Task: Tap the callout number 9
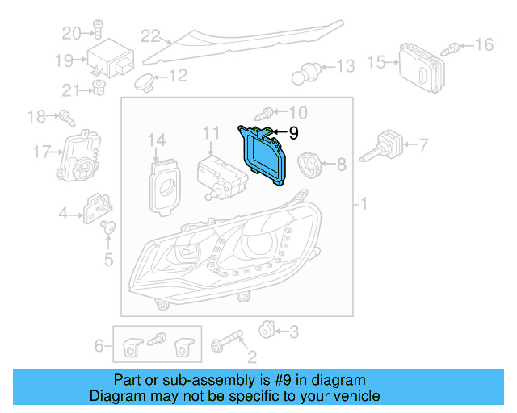coord(293,132)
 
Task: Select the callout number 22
coord(151,35)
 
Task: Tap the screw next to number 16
coord(455,46)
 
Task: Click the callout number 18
coord(36,117)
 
